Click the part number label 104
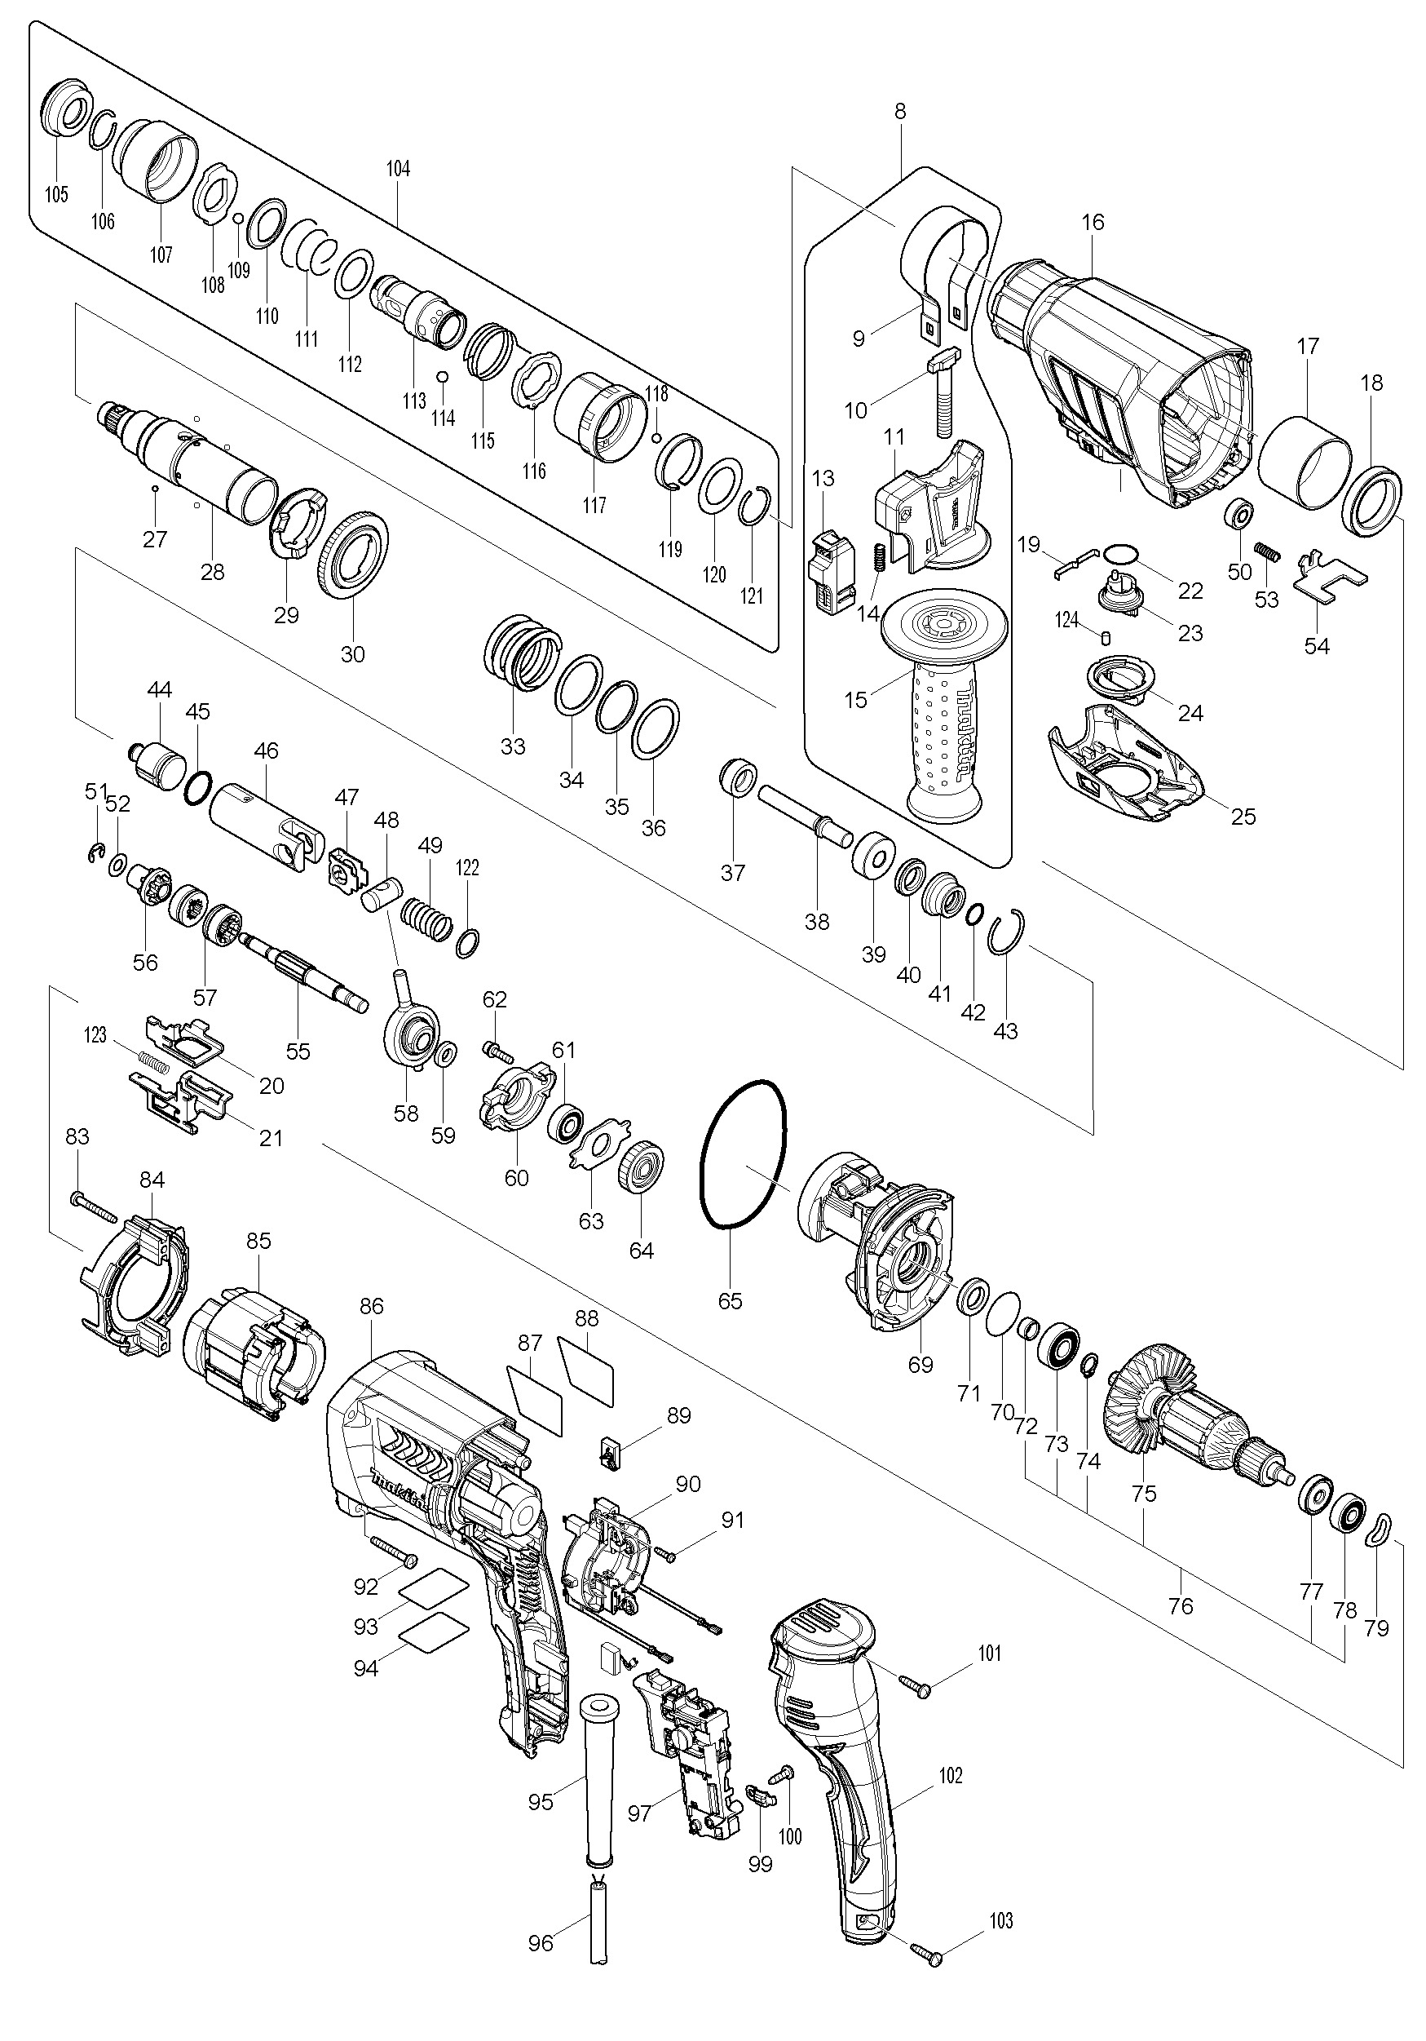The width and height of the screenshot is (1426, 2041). pos(398,169)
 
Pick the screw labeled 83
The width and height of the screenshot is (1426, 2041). pos(95,1207)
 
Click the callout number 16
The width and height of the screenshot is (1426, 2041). pos(1093,222)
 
